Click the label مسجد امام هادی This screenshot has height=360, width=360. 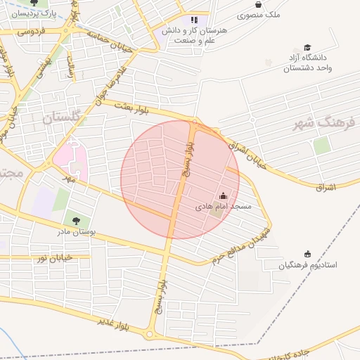(223, 207)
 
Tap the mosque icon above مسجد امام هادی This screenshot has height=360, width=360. (224, 195)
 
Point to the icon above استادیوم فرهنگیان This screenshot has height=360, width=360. (307, 253)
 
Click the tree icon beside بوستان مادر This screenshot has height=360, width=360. (76, 221)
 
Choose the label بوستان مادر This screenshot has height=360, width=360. (77, 232)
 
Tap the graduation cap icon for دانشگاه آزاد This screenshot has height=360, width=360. (307, 47)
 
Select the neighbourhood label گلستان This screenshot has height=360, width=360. (63, 118)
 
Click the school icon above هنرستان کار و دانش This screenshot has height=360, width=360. (195, 20)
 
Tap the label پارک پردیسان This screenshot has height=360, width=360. (34, 13)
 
